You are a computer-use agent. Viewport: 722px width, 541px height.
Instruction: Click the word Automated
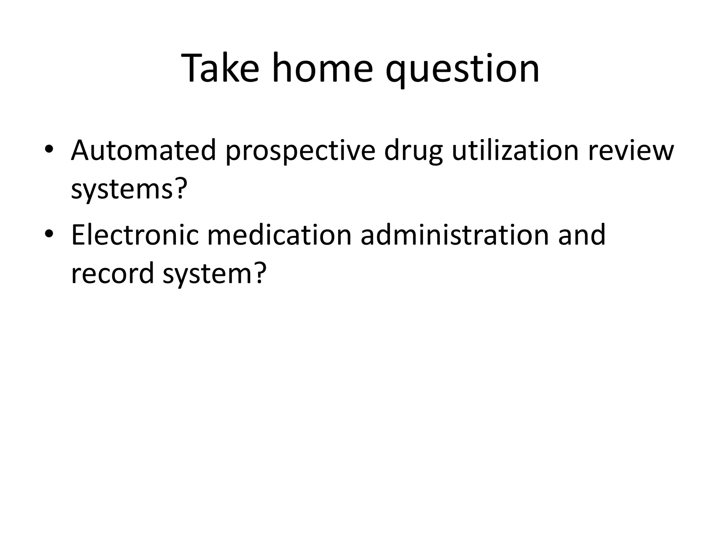coord(143,150)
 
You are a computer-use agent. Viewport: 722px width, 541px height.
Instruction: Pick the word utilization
coord(515,150)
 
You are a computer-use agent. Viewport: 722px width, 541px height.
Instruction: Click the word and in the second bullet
coord(582,235)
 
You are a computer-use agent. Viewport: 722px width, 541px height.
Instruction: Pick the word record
coord(112,273)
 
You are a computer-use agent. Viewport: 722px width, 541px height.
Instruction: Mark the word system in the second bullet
coord(206,274)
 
